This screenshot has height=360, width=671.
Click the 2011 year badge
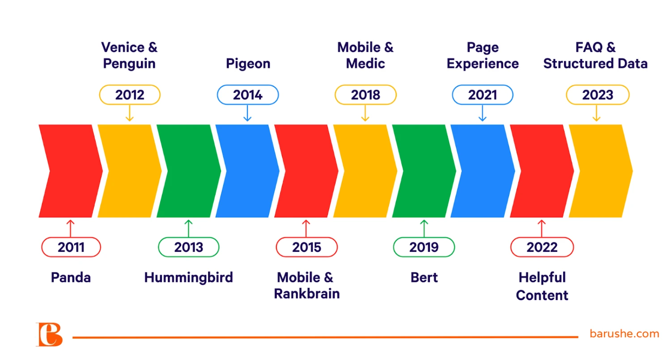71,247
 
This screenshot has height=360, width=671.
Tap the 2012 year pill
130,95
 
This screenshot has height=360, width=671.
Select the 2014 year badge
248,95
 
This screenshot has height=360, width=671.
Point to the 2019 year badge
424,247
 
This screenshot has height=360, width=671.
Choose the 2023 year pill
598,95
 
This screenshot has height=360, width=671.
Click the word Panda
71,277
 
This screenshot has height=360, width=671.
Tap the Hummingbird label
188,278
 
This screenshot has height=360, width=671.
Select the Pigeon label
248,64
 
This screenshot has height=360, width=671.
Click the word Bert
424,277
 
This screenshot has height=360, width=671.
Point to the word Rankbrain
307,293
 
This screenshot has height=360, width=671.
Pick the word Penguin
129,64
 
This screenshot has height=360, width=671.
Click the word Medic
365,64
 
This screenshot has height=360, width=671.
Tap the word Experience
483,64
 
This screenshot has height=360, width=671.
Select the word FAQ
589,47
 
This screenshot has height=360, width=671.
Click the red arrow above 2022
542,229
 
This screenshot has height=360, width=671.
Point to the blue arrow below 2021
482,113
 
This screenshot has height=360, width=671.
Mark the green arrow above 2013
188,229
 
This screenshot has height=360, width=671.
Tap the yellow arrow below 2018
365,113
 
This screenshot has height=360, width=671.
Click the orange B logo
49,335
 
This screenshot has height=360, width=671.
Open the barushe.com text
624,334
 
